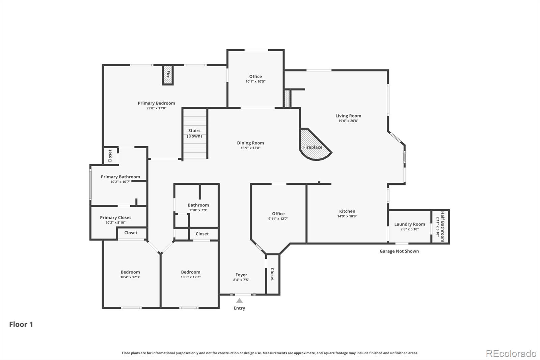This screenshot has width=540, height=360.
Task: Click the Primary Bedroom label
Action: pyautogui.click(x=156, y=103)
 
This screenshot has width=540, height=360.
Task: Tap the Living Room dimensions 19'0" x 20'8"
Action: pyautogui.click(x=348, y=121)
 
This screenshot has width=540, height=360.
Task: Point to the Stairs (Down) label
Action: pyautogui.click(x=194, y=133)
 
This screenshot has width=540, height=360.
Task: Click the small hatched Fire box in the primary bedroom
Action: pyautogui.click(x=168, y=75)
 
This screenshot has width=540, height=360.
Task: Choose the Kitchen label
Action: pyautogui.click(x=347, y=211)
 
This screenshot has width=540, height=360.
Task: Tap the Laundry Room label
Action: pyautogui.click(x=410, y=224)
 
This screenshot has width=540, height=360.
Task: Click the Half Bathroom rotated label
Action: pyautogui.click(x=442, y=227)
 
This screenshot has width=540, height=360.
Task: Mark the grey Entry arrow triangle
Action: pyautogui.click(x=239, y=301)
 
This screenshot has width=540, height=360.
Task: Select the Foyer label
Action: pyautogui.click(x=241, y=275)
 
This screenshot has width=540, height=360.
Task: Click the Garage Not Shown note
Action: pyautogui.click(x=399, y=251)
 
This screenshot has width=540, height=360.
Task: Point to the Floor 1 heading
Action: pyautogui.click(x=21, y=324)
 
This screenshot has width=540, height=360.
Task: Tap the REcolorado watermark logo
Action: pyautogui.click(x=511, y=354)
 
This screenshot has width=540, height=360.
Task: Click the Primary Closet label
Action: pyautogui.click(x=115, y=217)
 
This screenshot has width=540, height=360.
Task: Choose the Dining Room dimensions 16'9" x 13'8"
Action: pyautogui.click(x=250, y=148)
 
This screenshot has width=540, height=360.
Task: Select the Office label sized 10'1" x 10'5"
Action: pyautogui.click(x=255, y=76)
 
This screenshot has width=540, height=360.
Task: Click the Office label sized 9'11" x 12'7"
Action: pyautogui.click(x=278, y=214)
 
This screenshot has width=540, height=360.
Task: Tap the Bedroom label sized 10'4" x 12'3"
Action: pyautogui.click(x=130, y=272)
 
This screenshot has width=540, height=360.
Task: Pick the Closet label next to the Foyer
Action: pyautogui.click(x=272, y=274)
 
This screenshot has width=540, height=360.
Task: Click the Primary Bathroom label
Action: pyautogui.click(x=120, y=177)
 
